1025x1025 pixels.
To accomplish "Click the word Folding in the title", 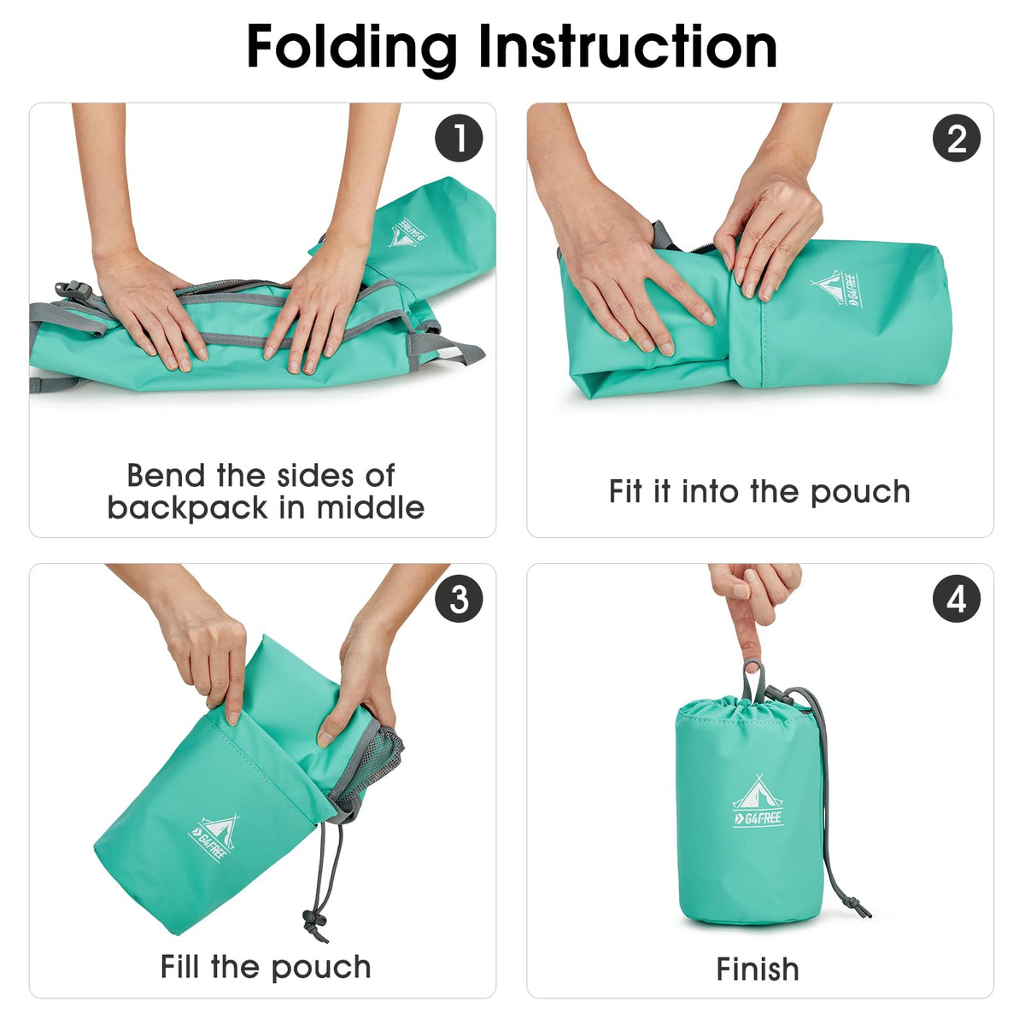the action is pos(352,49).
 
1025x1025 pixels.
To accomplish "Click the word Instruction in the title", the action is pos(628,46).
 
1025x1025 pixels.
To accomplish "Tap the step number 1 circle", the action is pos(459,138).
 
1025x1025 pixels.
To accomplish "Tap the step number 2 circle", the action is pos(957,138).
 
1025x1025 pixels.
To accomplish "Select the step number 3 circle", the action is pos(459,599).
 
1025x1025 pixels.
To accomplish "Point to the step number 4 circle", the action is pos(957,599).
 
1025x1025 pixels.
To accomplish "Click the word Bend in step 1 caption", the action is pos(166,475).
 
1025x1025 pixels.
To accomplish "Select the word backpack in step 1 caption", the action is pos(187,509).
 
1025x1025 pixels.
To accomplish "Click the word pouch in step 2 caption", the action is pos(861,493).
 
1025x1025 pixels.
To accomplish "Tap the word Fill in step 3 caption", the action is pos(181,966).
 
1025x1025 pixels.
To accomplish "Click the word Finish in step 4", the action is pos(758,969).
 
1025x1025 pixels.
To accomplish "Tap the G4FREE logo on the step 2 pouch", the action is pos(836,289).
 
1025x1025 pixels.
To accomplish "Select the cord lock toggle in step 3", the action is pos(313,919).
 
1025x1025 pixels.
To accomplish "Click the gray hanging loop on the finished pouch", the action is pos(754,682).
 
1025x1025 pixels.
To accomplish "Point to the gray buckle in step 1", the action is pos(73,290).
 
